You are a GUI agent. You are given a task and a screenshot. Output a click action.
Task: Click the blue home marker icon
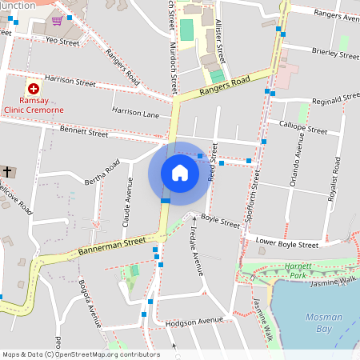(180, 173)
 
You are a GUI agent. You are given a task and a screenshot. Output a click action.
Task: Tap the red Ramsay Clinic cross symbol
(34, 90)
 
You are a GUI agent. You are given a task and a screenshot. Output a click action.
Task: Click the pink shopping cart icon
(57, 20)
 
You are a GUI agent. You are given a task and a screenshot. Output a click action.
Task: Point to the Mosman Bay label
(324, 322)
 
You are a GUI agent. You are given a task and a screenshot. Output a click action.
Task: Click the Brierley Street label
(335, 55)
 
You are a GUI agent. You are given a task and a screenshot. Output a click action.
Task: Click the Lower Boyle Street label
(286, 243)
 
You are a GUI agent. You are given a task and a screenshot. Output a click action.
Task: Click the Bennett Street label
(83, 132)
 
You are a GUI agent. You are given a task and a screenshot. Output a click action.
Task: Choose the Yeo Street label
(62, 39)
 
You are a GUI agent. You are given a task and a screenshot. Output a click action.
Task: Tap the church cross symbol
(7, 172)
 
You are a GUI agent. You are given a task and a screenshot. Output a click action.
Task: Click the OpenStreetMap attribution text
(80, 354)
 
